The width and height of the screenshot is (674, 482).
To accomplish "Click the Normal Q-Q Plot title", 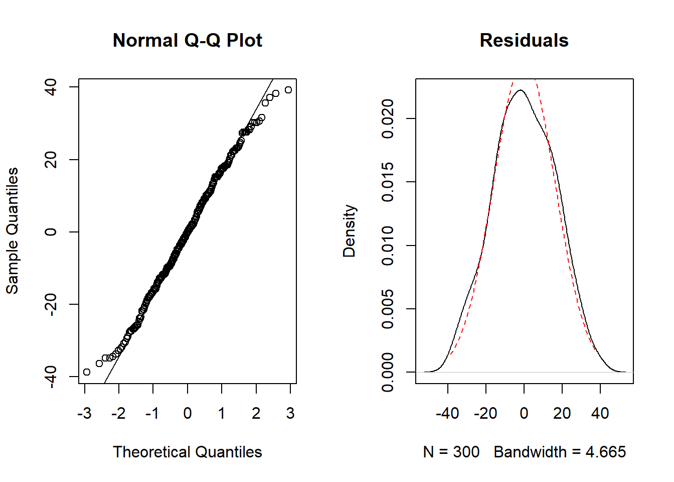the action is (x=188, y=40).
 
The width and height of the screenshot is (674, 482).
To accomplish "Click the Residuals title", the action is (x=524, y=40).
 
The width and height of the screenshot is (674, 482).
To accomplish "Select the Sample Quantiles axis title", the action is (x=13, y=231).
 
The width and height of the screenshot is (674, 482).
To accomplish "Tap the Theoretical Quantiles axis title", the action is (x=188, y=452).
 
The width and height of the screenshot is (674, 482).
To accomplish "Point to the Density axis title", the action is (x=350, y=231).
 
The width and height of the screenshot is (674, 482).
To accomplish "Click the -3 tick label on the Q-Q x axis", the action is (x=85, y=413).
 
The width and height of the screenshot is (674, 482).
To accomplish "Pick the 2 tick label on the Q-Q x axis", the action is (x=256, y=413).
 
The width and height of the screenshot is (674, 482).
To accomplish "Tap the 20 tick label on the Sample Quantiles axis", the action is (x=51, y=159).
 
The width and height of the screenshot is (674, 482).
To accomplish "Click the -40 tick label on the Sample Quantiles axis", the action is (x=51, y=377).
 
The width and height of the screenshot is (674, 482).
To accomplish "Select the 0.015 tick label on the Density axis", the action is (x=388, y=182).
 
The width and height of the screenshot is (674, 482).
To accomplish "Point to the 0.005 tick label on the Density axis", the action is (x=388, y=309).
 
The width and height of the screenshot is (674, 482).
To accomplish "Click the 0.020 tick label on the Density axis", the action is (x=388, y=118).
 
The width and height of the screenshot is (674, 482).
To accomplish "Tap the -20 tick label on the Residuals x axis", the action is (x=485, y=413).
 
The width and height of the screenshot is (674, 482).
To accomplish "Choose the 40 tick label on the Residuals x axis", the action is (x=600, y=413).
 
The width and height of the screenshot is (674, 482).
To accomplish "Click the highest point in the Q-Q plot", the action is (x=288, y=90).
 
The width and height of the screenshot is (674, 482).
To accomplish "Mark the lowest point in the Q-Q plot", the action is (x=87, y=372).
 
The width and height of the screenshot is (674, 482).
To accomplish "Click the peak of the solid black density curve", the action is (x=521, y=90).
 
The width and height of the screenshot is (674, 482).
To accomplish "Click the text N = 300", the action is (x=451, y=452).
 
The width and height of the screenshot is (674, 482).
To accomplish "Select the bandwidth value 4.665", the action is (x=606, y=452).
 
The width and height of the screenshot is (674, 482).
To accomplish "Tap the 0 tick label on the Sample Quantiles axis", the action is (x=51, y=231).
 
